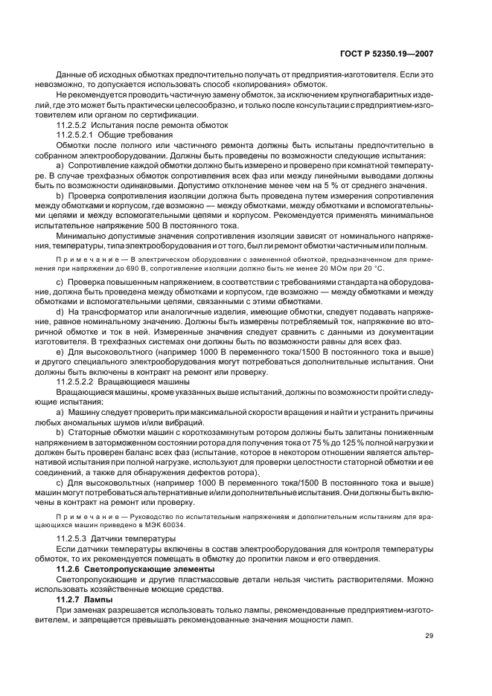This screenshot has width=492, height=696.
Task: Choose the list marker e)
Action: pyautogui.click(x=60, y=349)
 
